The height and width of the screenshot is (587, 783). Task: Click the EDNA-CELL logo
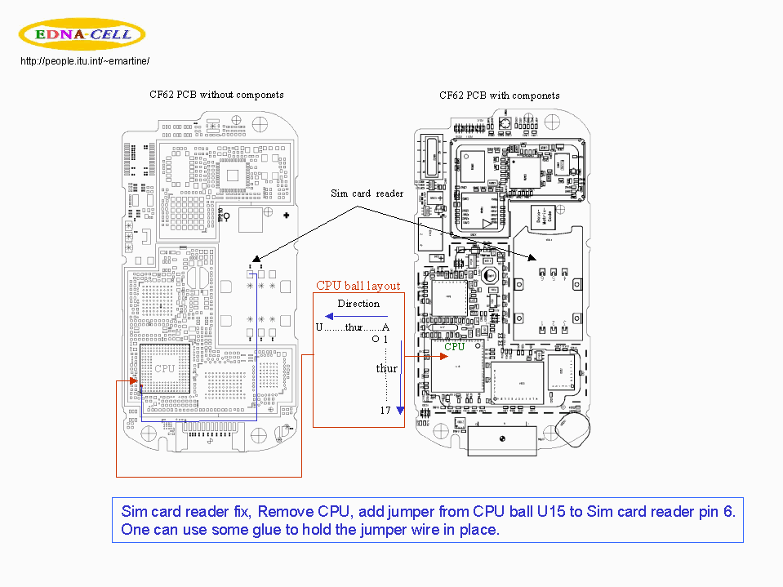click(82, 34)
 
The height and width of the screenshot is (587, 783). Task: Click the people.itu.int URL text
click(85, 61)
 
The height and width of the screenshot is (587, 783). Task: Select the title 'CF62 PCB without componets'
click(216, 95)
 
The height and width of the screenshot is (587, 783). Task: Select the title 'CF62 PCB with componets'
click(499, 96)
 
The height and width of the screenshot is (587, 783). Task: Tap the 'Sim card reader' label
click(367, 193)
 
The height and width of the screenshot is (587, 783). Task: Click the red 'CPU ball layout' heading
click(358, 286)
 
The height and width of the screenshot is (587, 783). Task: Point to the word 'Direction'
click(358, 304)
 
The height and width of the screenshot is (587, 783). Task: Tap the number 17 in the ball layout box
click(385, 411)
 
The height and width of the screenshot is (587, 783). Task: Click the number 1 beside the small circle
click(385, 339)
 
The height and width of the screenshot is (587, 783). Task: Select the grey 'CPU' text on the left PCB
click(164, 368)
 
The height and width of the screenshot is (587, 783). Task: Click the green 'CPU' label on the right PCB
click(454, 346)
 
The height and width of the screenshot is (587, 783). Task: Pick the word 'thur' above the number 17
click(386, 369)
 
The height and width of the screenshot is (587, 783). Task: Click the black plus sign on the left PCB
click(287, 216)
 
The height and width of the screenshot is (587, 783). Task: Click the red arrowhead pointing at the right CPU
click(425, 356)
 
